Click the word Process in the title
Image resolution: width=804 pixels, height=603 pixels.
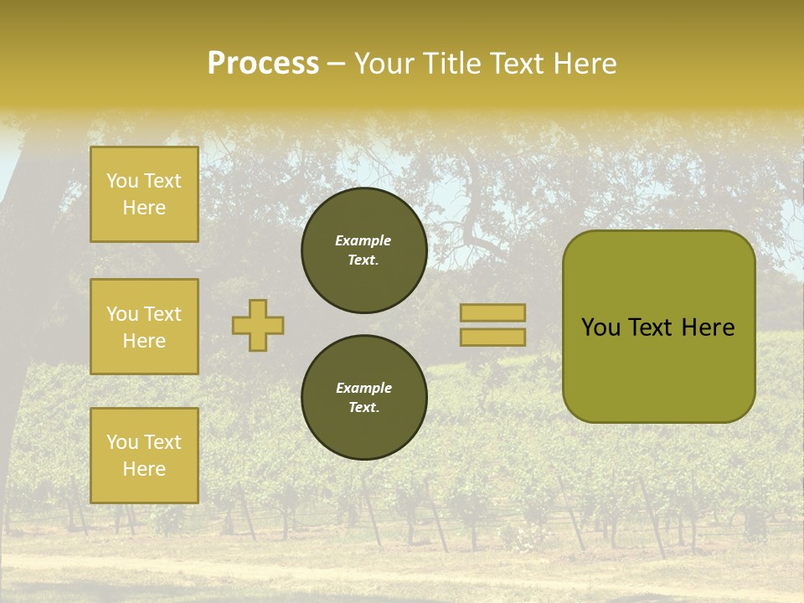263,64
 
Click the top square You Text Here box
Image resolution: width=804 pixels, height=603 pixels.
144,194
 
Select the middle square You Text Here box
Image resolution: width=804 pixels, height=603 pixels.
144,327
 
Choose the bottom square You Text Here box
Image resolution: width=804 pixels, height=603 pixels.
144,456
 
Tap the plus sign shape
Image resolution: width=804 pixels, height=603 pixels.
258,325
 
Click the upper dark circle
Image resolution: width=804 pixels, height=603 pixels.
364,250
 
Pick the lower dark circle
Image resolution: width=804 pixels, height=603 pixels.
364,398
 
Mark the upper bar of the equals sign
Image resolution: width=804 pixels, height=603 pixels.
492,312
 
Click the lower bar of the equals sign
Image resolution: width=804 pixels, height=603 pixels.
492,337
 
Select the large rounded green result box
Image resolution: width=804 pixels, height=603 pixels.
658,327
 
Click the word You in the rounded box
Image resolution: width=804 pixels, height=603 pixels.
601,327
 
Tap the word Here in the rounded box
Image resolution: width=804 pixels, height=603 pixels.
708,327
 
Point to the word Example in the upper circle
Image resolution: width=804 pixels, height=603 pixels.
363,240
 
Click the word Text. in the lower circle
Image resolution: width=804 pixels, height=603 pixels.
363,408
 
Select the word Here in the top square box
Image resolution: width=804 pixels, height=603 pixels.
144,208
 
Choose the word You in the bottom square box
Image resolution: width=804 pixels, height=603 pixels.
122,442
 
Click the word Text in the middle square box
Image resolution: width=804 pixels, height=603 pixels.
162,314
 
